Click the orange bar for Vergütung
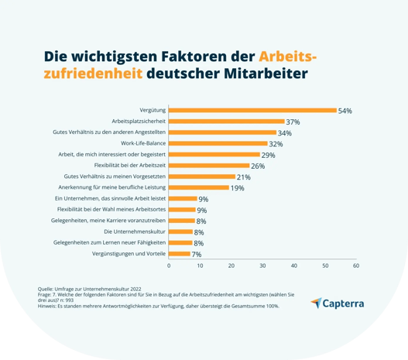point(252,111)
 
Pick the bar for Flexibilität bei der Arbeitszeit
point(209,166)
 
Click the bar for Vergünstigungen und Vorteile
point(180,254)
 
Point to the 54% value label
point(345,111)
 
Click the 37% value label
point(293,122)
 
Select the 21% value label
point(243,177)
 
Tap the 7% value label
point(197,255)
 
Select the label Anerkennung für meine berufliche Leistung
point(112,187)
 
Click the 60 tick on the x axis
point(355,266)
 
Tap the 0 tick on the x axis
point(169,266)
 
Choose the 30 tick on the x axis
point(262,266)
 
